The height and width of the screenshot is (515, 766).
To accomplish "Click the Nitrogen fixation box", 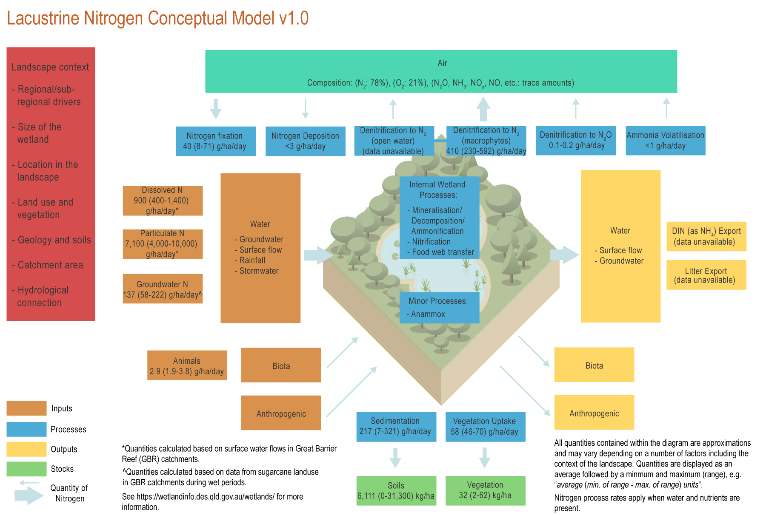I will coord(215,141).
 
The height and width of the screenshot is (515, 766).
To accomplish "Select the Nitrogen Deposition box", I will coord(305,141).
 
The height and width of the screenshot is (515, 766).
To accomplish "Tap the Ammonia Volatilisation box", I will coord(665,140).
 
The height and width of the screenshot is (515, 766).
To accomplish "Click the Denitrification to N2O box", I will coord(575,140).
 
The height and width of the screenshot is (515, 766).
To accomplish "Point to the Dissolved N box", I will coord(163,201).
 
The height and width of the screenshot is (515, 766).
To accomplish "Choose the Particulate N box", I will coord(163,244).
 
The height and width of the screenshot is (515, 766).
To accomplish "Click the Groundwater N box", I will coord(163,289).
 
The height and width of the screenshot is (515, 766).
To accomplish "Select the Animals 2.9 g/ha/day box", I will coord(187,365).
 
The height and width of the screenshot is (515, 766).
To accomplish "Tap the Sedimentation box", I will coord(396,427).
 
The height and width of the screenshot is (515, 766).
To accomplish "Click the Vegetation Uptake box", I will coord(485,427).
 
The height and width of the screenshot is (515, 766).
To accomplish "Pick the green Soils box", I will coord(396,491).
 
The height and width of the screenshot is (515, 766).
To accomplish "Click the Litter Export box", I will coord(706,275).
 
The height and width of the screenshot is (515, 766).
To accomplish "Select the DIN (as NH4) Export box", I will coord(706,236).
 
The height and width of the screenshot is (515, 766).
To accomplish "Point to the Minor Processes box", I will coord(439,308).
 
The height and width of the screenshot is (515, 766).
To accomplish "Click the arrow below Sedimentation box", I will coord(395,457).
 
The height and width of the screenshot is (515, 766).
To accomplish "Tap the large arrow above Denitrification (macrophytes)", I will coord(483,109).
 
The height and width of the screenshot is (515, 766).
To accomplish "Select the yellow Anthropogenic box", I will coord(594,413).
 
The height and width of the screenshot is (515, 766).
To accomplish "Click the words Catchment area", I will coord(50,265).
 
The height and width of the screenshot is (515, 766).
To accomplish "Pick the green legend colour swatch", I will coord(26,469).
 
